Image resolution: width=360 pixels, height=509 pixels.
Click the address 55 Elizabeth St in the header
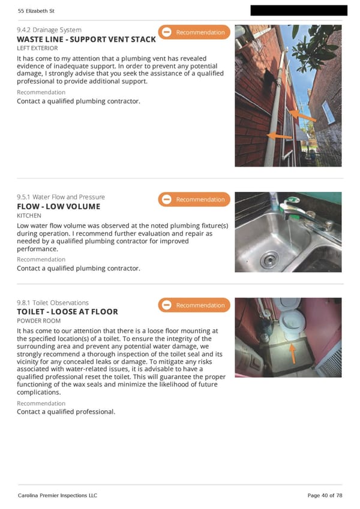36,11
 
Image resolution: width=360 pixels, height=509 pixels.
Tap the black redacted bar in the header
299,10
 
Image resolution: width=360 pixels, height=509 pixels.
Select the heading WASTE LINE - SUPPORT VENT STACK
86,40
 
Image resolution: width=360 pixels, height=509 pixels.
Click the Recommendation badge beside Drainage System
194,32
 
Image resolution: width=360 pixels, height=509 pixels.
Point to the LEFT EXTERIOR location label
37,48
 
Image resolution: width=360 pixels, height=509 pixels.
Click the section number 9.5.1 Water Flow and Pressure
61,197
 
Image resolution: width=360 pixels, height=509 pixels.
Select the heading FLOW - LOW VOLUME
58,206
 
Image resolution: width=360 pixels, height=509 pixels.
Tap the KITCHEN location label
29,216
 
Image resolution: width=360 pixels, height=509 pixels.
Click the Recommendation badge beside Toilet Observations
194,305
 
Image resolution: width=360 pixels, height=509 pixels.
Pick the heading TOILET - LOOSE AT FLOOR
67,312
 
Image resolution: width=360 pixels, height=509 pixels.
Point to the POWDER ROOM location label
38,321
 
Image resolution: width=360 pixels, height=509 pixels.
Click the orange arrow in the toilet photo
292,353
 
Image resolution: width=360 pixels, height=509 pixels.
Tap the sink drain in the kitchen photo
269,260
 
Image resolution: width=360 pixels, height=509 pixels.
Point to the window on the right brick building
329,112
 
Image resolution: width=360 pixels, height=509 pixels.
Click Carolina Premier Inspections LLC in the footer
58,495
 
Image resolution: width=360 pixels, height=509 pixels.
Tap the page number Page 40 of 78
325,495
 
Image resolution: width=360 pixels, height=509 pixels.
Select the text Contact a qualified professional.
66,412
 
